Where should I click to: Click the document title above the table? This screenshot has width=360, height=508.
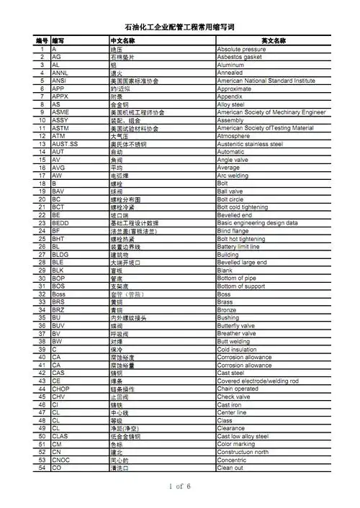point(180,25)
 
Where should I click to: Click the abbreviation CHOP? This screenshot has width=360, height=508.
point(62,389)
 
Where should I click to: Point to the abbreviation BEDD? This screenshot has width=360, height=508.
point(61,222)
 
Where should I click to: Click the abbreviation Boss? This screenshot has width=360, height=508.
point(60,294)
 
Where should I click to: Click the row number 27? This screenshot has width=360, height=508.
point(42,254)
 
